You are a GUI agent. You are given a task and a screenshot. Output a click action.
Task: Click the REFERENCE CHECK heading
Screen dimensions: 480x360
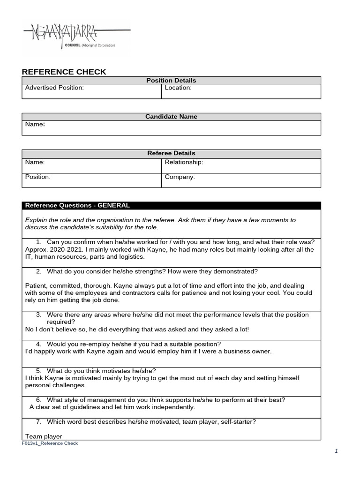click(64, 72)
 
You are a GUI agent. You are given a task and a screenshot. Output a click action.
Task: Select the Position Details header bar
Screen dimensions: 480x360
click(171, 81)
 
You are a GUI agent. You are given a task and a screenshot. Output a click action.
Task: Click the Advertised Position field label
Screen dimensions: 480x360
click(54, 88)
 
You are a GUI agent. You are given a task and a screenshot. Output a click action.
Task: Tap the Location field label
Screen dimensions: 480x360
click(178, 88)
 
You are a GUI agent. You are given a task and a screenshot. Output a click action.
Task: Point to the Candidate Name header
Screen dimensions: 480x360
click(171, 117)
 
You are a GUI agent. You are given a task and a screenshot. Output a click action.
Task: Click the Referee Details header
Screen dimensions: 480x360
click(171, 153)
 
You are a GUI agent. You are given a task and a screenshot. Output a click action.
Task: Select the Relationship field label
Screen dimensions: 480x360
click(184, 162)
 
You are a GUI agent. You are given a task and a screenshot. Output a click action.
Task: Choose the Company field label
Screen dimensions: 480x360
click(180, 177)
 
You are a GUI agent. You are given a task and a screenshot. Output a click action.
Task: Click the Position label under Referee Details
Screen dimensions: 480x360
click(37, 177)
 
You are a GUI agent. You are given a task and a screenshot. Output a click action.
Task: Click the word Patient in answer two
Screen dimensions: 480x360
click(37, 285)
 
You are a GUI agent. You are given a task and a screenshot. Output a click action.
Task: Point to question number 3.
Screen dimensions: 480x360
click(38, 315)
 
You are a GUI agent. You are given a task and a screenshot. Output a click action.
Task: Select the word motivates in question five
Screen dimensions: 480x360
click(114, 371)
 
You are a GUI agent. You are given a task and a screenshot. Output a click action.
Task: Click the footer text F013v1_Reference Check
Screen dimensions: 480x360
click(50, 443)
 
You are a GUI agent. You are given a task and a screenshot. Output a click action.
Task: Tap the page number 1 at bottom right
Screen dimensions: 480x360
click(336, 451)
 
